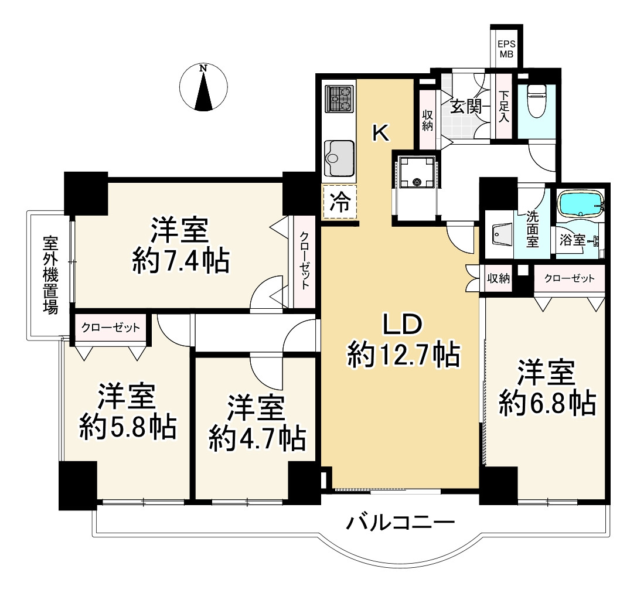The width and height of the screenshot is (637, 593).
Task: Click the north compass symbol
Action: click(203, 87)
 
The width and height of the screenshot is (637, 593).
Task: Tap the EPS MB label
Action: click(506, 49)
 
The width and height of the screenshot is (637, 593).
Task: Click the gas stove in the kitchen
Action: click(338, 100)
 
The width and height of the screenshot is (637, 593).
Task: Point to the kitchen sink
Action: click(339, 158)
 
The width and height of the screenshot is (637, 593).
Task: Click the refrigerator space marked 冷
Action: click(340, 202)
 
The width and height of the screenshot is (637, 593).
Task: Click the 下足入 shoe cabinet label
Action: click(504, 107)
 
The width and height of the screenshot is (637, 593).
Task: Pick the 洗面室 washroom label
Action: click(532, 230)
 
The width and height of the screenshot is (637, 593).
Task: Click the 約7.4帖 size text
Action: click(180, 261)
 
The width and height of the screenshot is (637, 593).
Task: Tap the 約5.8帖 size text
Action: click(128, 427)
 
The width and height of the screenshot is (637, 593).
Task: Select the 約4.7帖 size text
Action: click(257, 438)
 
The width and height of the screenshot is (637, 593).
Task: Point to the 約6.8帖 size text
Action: click(547, 403)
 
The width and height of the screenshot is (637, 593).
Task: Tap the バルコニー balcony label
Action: click(400, 523)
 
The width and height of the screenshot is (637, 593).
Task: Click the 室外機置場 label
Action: click(50, 275)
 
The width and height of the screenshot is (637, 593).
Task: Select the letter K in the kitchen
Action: click(381, 132)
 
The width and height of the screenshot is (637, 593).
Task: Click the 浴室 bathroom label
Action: click(573, 240)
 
